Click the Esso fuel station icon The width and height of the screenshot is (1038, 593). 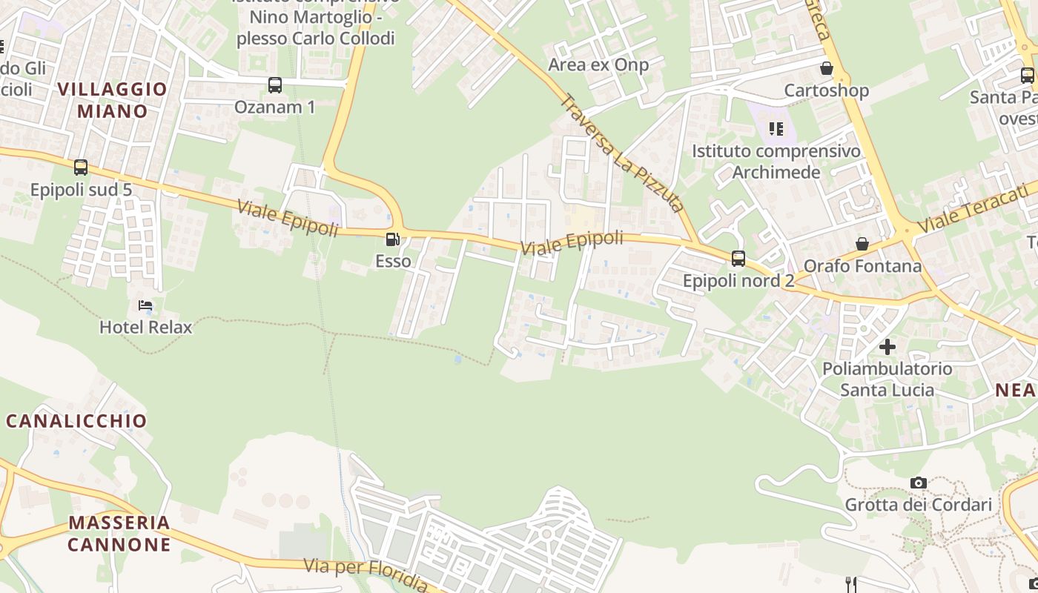[x=392, y=239]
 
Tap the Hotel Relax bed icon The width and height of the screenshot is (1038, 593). [x=145, y=305]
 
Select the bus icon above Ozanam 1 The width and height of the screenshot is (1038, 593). [x=275, y=85]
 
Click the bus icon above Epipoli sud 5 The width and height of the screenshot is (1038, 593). [x=81, y=168]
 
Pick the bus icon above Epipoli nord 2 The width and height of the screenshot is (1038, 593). [x=738, y=259]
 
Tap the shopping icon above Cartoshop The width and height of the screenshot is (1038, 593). [x=827, y=69]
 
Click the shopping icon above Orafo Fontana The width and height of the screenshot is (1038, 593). [x=862, y=244]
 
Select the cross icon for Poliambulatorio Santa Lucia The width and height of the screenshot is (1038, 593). [x=887, y=346]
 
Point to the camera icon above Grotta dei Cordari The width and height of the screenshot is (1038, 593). [x=919, y=483]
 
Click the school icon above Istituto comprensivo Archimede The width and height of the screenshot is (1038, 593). [x=776, y=129]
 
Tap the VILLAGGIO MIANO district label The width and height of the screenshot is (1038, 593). [x=113, y=100]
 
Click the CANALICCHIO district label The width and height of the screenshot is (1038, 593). [x=77, y=421]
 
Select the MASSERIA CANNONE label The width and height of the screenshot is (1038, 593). [x=119, y=534]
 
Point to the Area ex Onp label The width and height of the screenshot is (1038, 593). [x=598, y=64]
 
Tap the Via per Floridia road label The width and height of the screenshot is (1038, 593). [x=366, y=574]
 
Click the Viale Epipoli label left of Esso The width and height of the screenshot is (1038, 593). [x=288, y=218]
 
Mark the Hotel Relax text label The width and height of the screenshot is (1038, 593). [x=146, y=327]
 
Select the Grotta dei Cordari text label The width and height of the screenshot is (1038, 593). [x=919, y=505]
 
